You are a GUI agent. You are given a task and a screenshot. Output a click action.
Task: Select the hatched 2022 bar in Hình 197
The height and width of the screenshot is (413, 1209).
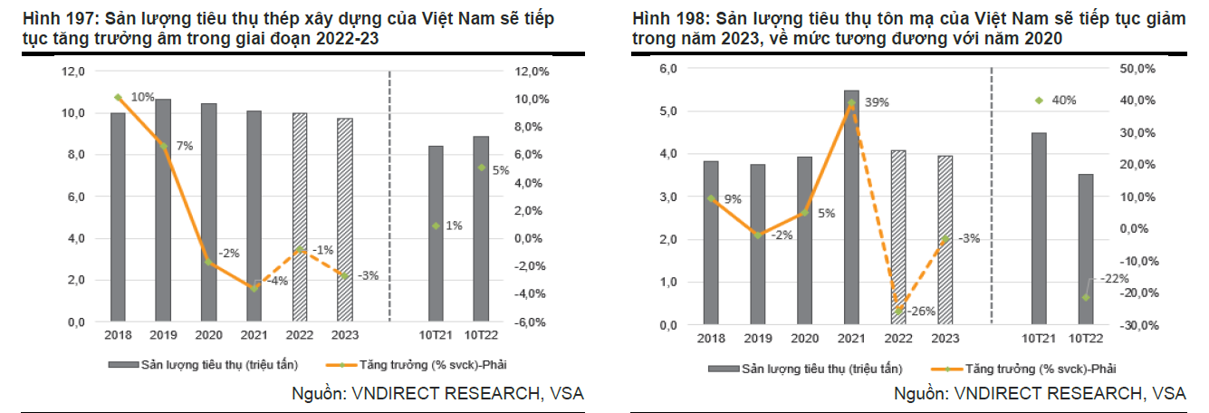tap(300, 217)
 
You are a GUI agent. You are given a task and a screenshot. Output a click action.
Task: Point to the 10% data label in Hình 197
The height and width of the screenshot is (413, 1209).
tap(142, 97)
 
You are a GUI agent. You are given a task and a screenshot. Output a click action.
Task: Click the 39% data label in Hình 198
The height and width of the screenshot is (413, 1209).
tap(877, 102)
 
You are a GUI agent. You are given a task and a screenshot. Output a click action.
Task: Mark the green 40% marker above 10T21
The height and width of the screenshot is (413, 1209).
tap(1039, 101)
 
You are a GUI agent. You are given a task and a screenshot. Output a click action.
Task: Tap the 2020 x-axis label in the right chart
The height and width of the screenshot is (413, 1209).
tap(804, 339)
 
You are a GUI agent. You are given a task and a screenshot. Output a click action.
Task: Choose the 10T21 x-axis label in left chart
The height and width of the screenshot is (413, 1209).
tap(436, 336)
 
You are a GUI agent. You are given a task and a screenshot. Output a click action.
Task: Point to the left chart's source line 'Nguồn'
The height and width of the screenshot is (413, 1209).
tap(318, 393)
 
